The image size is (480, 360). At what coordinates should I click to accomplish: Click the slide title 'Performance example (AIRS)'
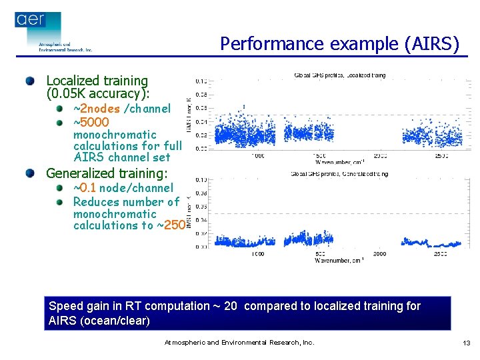coord(339,44)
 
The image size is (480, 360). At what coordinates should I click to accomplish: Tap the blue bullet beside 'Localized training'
coord(30,81)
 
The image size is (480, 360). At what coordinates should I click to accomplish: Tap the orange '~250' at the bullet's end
coord(171,225)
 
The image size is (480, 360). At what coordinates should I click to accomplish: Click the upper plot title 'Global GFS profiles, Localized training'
coord(339,75)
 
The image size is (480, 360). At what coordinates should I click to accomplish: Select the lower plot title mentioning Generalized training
coord(339,174)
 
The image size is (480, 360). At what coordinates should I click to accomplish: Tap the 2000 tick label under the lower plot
coord(379,254)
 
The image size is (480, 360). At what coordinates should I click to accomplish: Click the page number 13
coord(466,343)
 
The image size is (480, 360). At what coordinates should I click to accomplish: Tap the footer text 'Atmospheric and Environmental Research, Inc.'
coord(239,343)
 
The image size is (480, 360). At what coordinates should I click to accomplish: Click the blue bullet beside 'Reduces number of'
coord(60,201)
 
